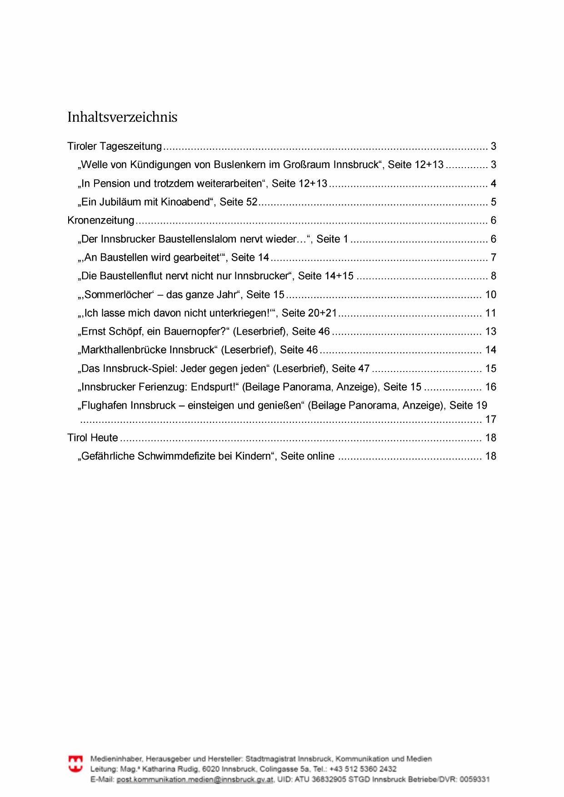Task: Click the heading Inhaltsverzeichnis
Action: point(122,117)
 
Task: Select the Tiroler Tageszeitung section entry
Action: point(115,146)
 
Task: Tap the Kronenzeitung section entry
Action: point(101,221)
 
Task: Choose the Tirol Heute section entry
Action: point(93,438)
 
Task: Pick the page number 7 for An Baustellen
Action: point(493,258)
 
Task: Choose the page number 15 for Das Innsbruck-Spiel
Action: point(491,369)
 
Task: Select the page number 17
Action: point(491,420)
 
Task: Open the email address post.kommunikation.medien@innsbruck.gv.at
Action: point(195,779)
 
